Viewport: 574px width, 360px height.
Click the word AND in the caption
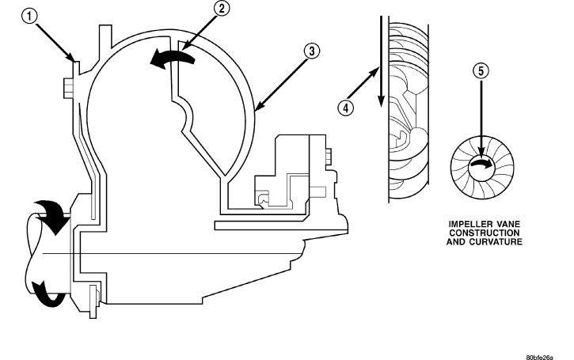point(458,241)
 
